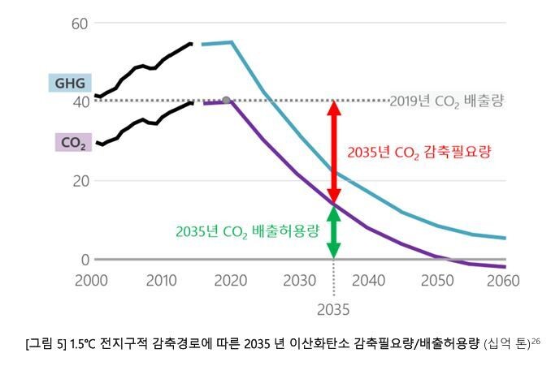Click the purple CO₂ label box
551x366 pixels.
tap(73, 143)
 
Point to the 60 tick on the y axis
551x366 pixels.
tap(79, 23)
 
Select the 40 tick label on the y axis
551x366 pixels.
tap(79, 102)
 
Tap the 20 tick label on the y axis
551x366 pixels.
tap(79, 181)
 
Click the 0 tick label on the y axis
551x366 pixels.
tap(84, 260)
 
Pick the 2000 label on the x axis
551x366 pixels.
tap(91, 280)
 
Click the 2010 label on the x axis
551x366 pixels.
tap(161, 280)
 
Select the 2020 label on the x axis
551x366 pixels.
tap(231, 280)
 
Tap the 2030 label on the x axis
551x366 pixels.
tap(299, 280)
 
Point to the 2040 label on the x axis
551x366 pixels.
tap(368, 280)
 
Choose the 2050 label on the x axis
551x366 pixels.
tap(437, 280)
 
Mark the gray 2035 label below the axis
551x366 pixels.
tap(333, 308)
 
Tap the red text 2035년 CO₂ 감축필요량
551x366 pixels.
tap(419, 152)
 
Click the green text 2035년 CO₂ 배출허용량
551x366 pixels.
tap(247, 230)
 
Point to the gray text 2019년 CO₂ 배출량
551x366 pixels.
tap(446, 102)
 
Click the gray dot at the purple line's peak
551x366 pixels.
tap(226, 101)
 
